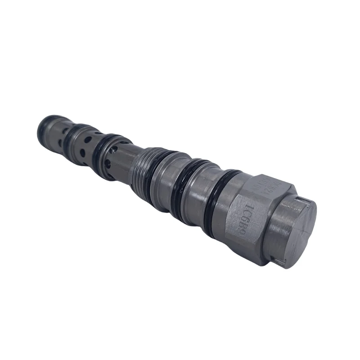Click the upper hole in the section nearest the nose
(67, 131)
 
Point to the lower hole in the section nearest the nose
(61, 143)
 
